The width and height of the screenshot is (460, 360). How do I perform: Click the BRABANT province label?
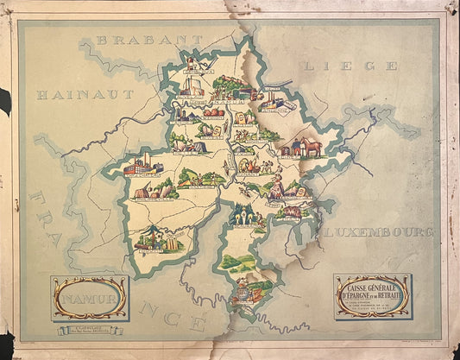149,39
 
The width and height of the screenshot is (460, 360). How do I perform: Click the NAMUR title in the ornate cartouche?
89,299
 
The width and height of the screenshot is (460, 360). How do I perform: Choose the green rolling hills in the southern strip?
236,261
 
